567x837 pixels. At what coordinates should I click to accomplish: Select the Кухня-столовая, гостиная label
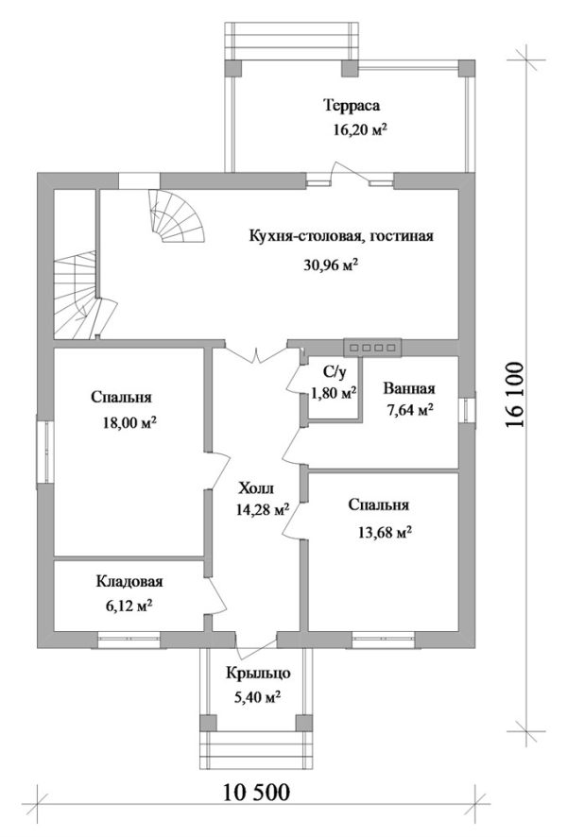click(x=341, y=236)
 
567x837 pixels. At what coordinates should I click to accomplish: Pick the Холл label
click(x=255, y=488)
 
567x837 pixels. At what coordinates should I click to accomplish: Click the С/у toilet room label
click(x=333, y=372)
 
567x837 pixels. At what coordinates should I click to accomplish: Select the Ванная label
click(x=408, y=388)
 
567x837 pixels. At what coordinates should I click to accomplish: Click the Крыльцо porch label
click(x=257, y=674)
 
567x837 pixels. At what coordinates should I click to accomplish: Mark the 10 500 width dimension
click(x=255, y=792)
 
